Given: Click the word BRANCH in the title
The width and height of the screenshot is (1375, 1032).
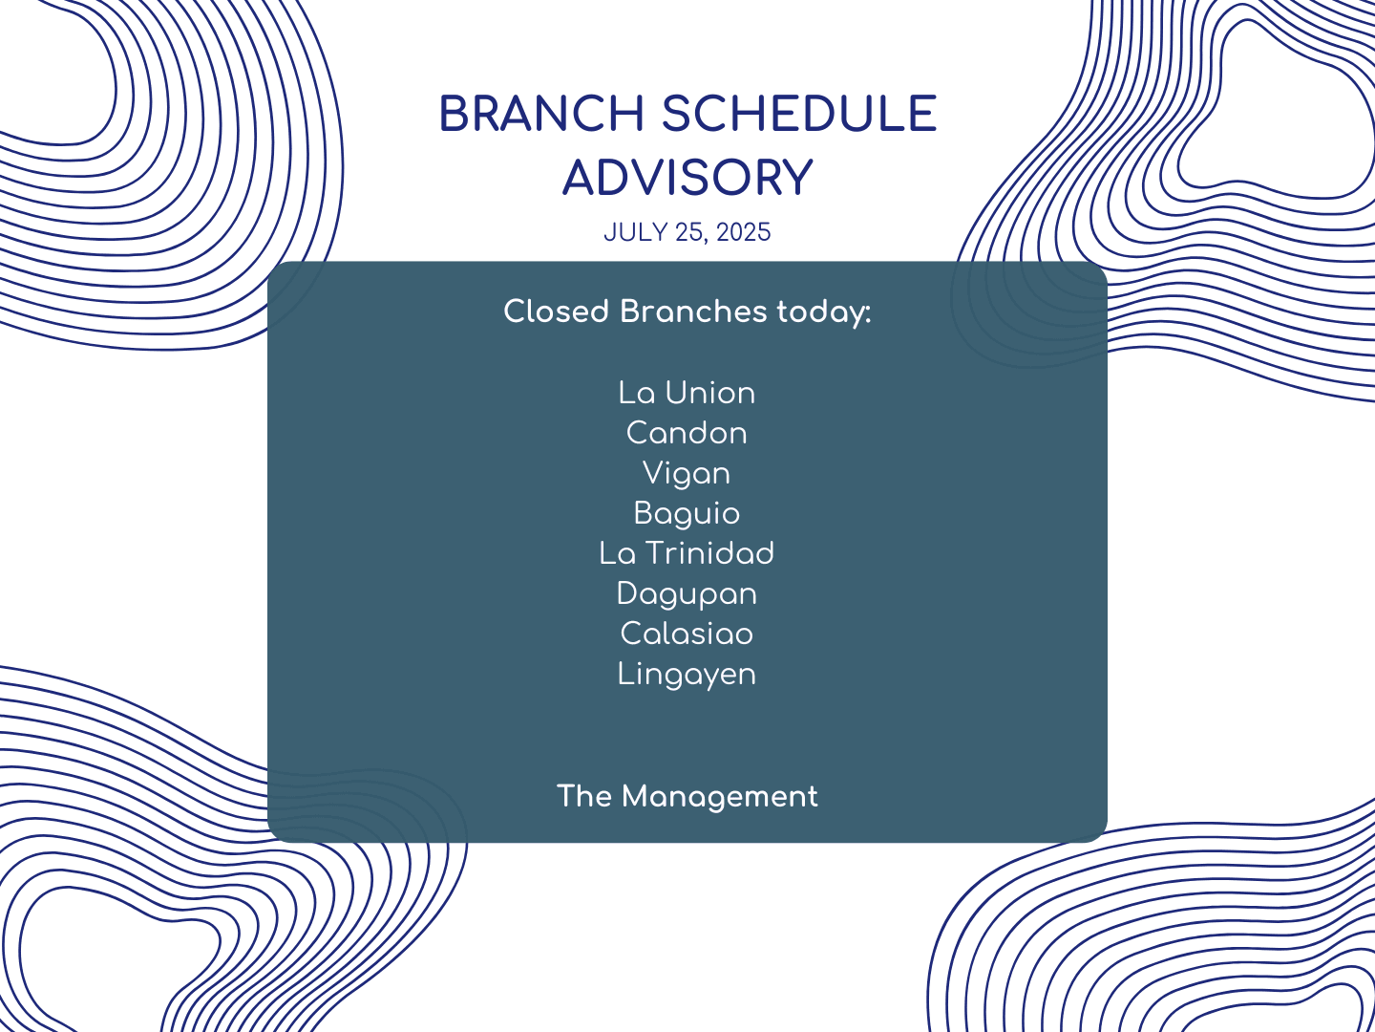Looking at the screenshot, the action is point(541,114).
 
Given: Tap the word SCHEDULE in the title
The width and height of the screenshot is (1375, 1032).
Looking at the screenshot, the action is point(799,114).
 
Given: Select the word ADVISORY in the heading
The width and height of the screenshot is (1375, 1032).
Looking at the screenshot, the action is point(687,178).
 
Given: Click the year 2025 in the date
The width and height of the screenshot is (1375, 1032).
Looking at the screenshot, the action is point(744,232).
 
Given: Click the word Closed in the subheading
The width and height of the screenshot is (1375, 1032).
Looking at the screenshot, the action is point(557,312).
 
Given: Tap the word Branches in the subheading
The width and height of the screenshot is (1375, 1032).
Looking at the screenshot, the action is point(693,311).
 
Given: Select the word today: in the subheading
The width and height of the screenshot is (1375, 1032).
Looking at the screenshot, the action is point(824,312).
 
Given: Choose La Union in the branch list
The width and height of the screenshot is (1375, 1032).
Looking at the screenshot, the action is point(687,394).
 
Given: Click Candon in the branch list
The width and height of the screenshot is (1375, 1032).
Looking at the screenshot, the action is point(687,434).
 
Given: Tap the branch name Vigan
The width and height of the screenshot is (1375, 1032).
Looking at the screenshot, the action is point(687,474).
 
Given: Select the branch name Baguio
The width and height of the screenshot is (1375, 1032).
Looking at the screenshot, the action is point(687,514).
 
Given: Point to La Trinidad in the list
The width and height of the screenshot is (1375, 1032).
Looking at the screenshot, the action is point(687,554).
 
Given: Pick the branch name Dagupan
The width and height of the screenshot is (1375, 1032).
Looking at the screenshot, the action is point(687,594).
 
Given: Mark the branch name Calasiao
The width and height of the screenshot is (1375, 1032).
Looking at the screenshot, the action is point(687,634).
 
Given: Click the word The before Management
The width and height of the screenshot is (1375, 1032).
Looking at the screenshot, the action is point(584,796).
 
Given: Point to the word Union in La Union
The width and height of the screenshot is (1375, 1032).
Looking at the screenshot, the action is point(710,394).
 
